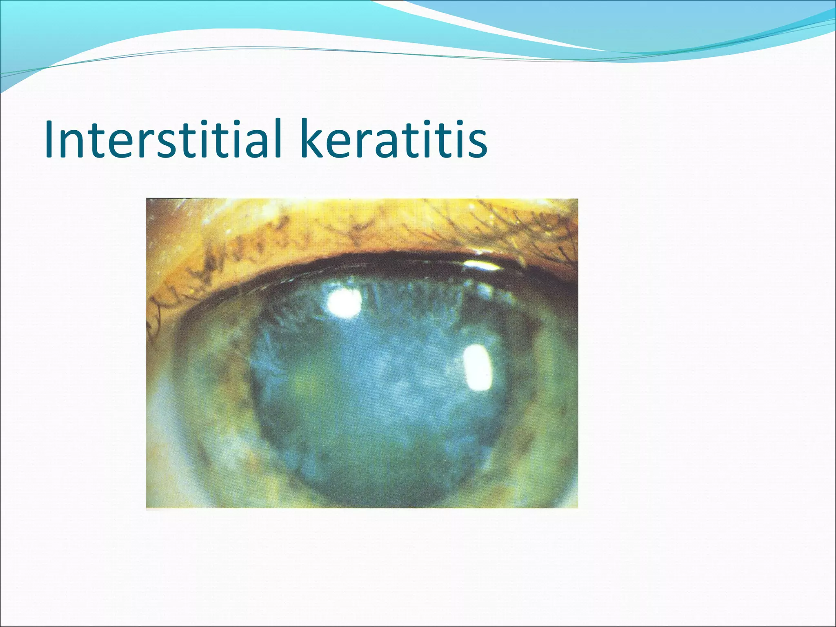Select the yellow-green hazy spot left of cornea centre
[302, 380]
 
